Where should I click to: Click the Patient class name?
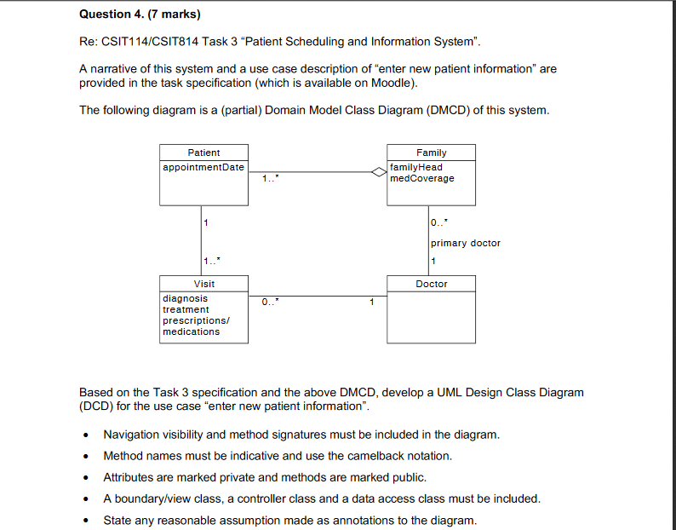203,153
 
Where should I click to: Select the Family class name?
431,153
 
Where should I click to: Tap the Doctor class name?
431,284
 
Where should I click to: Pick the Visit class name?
203,284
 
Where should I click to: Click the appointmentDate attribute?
203,167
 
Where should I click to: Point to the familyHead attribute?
416,167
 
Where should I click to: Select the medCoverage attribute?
422,178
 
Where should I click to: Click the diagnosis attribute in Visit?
185,298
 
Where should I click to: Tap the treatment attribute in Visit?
186,309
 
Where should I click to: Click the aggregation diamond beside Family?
379,172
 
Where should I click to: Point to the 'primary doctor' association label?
466,243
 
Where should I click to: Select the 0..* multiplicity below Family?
438,223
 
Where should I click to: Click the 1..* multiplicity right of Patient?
270,179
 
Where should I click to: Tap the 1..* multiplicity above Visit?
209,261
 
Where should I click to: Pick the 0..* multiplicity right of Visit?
270,302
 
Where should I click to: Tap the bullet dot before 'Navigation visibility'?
87,435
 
